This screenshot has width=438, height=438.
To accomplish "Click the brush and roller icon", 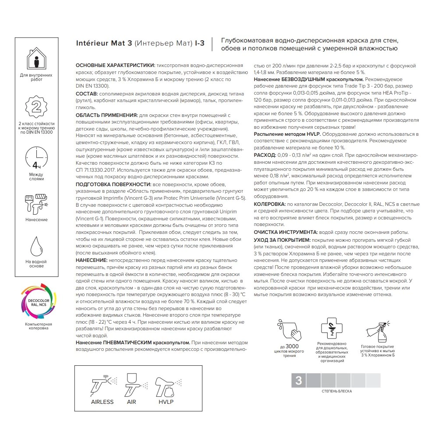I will coord(36,202).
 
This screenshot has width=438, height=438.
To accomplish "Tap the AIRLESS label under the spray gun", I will coord(102,402).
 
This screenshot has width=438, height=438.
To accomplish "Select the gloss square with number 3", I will coord(299,380).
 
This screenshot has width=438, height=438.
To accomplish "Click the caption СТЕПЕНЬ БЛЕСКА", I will coord(336,391).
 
